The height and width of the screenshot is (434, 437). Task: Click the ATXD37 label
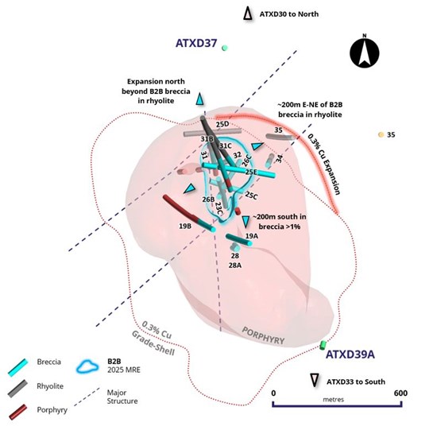click(196, 43)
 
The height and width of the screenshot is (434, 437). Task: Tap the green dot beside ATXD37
click(224, 48)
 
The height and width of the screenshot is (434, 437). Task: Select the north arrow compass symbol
click(364, 52)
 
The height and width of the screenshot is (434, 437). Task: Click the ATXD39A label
click(350, 355)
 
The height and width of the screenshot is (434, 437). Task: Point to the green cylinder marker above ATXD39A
click(323, 345)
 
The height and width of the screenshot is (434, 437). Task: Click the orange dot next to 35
click(381, 134)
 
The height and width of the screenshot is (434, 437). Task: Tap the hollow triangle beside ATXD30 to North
click(247, 14)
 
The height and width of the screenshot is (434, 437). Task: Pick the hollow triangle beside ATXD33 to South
click(315, 380)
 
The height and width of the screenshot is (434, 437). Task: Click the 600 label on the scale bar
click(400, 393)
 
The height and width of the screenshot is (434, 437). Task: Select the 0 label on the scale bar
click(273, 393)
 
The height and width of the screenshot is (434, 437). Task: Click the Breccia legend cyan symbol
click(18, 367)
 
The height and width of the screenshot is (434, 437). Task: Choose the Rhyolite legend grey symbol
click(17, 388)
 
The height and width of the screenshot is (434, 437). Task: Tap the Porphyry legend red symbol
click(18, 412)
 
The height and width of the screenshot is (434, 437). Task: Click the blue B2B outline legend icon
click(87, 366)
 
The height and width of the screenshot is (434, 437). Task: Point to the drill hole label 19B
click(185, 226)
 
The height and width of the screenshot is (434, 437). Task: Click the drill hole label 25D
click(222, 124)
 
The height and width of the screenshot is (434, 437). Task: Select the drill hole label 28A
click(235, 265)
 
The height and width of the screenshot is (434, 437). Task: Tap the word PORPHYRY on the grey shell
click(263, 335)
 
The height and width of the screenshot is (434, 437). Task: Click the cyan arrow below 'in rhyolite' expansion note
click(199, 99)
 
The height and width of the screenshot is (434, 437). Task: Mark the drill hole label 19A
click(252, 236)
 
